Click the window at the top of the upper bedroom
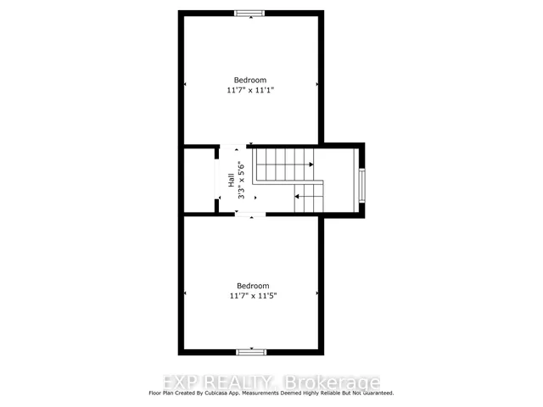pos(249,14)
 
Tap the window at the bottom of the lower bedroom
pos(251,353)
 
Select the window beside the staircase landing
pos(362,186)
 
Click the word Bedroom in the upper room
pos(250,81)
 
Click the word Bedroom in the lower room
pos(253,286)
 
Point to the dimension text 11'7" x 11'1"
pos(250,91)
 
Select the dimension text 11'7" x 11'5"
pos(253,296)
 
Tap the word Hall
pos(232,180)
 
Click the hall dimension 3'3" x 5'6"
pos(241,180)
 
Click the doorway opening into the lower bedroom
pos(250,215)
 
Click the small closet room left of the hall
pos(199,180)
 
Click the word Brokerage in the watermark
pos(332,382)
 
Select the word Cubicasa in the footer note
pos(215,393)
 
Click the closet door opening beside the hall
pos(217,178)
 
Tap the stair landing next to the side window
pos(339,180)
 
